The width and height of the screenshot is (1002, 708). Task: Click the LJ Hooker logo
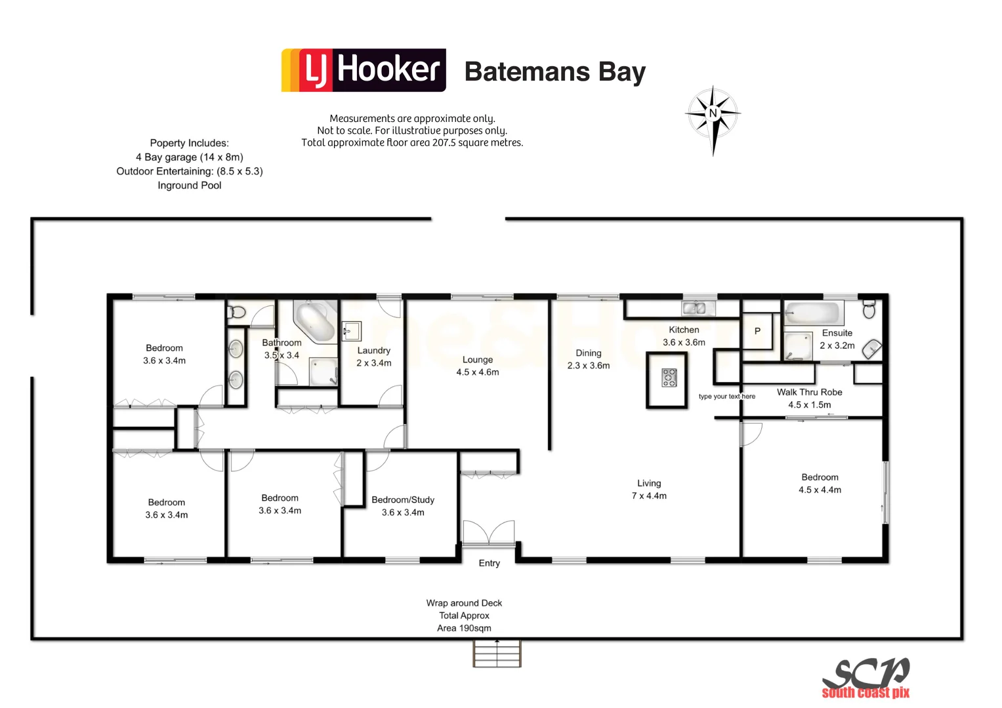pos(364,70)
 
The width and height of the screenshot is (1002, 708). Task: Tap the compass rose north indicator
pos(713,115)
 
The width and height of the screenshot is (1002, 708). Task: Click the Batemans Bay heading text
pos(554,71)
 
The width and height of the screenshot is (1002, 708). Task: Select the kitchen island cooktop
pos(669,378)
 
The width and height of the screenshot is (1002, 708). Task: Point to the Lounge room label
pos(477,366)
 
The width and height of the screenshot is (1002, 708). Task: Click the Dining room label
pos(588,359)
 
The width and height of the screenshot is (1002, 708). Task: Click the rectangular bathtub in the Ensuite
pos(812,313)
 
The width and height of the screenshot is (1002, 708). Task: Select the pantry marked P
pos(757,331)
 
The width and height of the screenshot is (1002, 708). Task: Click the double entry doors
pos(489,533)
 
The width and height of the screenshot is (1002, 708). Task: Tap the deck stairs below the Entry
pos(497,654)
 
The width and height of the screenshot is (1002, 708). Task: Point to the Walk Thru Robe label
pos(809,398)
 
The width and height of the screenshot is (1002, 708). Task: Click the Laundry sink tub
pos(351,331)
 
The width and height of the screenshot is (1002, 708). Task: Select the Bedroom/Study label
pos(403,505)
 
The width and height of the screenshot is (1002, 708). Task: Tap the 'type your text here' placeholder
pos(726,397)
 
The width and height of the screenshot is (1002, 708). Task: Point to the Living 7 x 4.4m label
pos(649,489)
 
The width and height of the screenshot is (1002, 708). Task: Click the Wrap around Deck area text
pos(464,615)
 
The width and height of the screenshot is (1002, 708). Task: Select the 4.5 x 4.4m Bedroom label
pos(820,483)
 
